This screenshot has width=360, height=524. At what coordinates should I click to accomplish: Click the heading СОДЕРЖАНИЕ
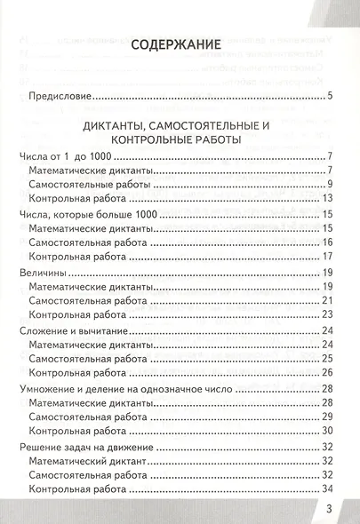click(180, 45)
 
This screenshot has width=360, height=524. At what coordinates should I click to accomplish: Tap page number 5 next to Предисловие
click(329, 96)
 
